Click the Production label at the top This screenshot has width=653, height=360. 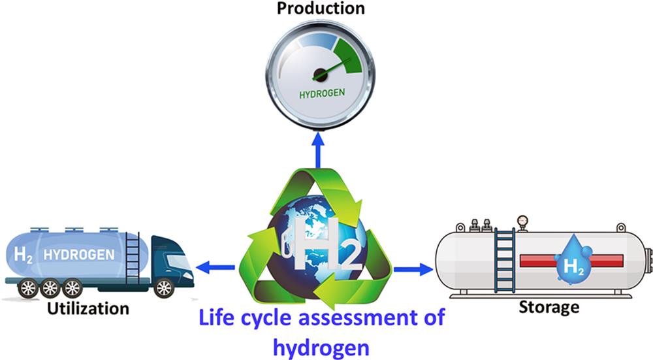tap(320, 8)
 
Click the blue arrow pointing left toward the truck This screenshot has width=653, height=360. tap(215, 267)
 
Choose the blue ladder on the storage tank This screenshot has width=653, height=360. tap(504, 258)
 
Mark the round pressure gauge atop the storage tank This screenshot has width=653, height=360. tap(521, 221)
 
